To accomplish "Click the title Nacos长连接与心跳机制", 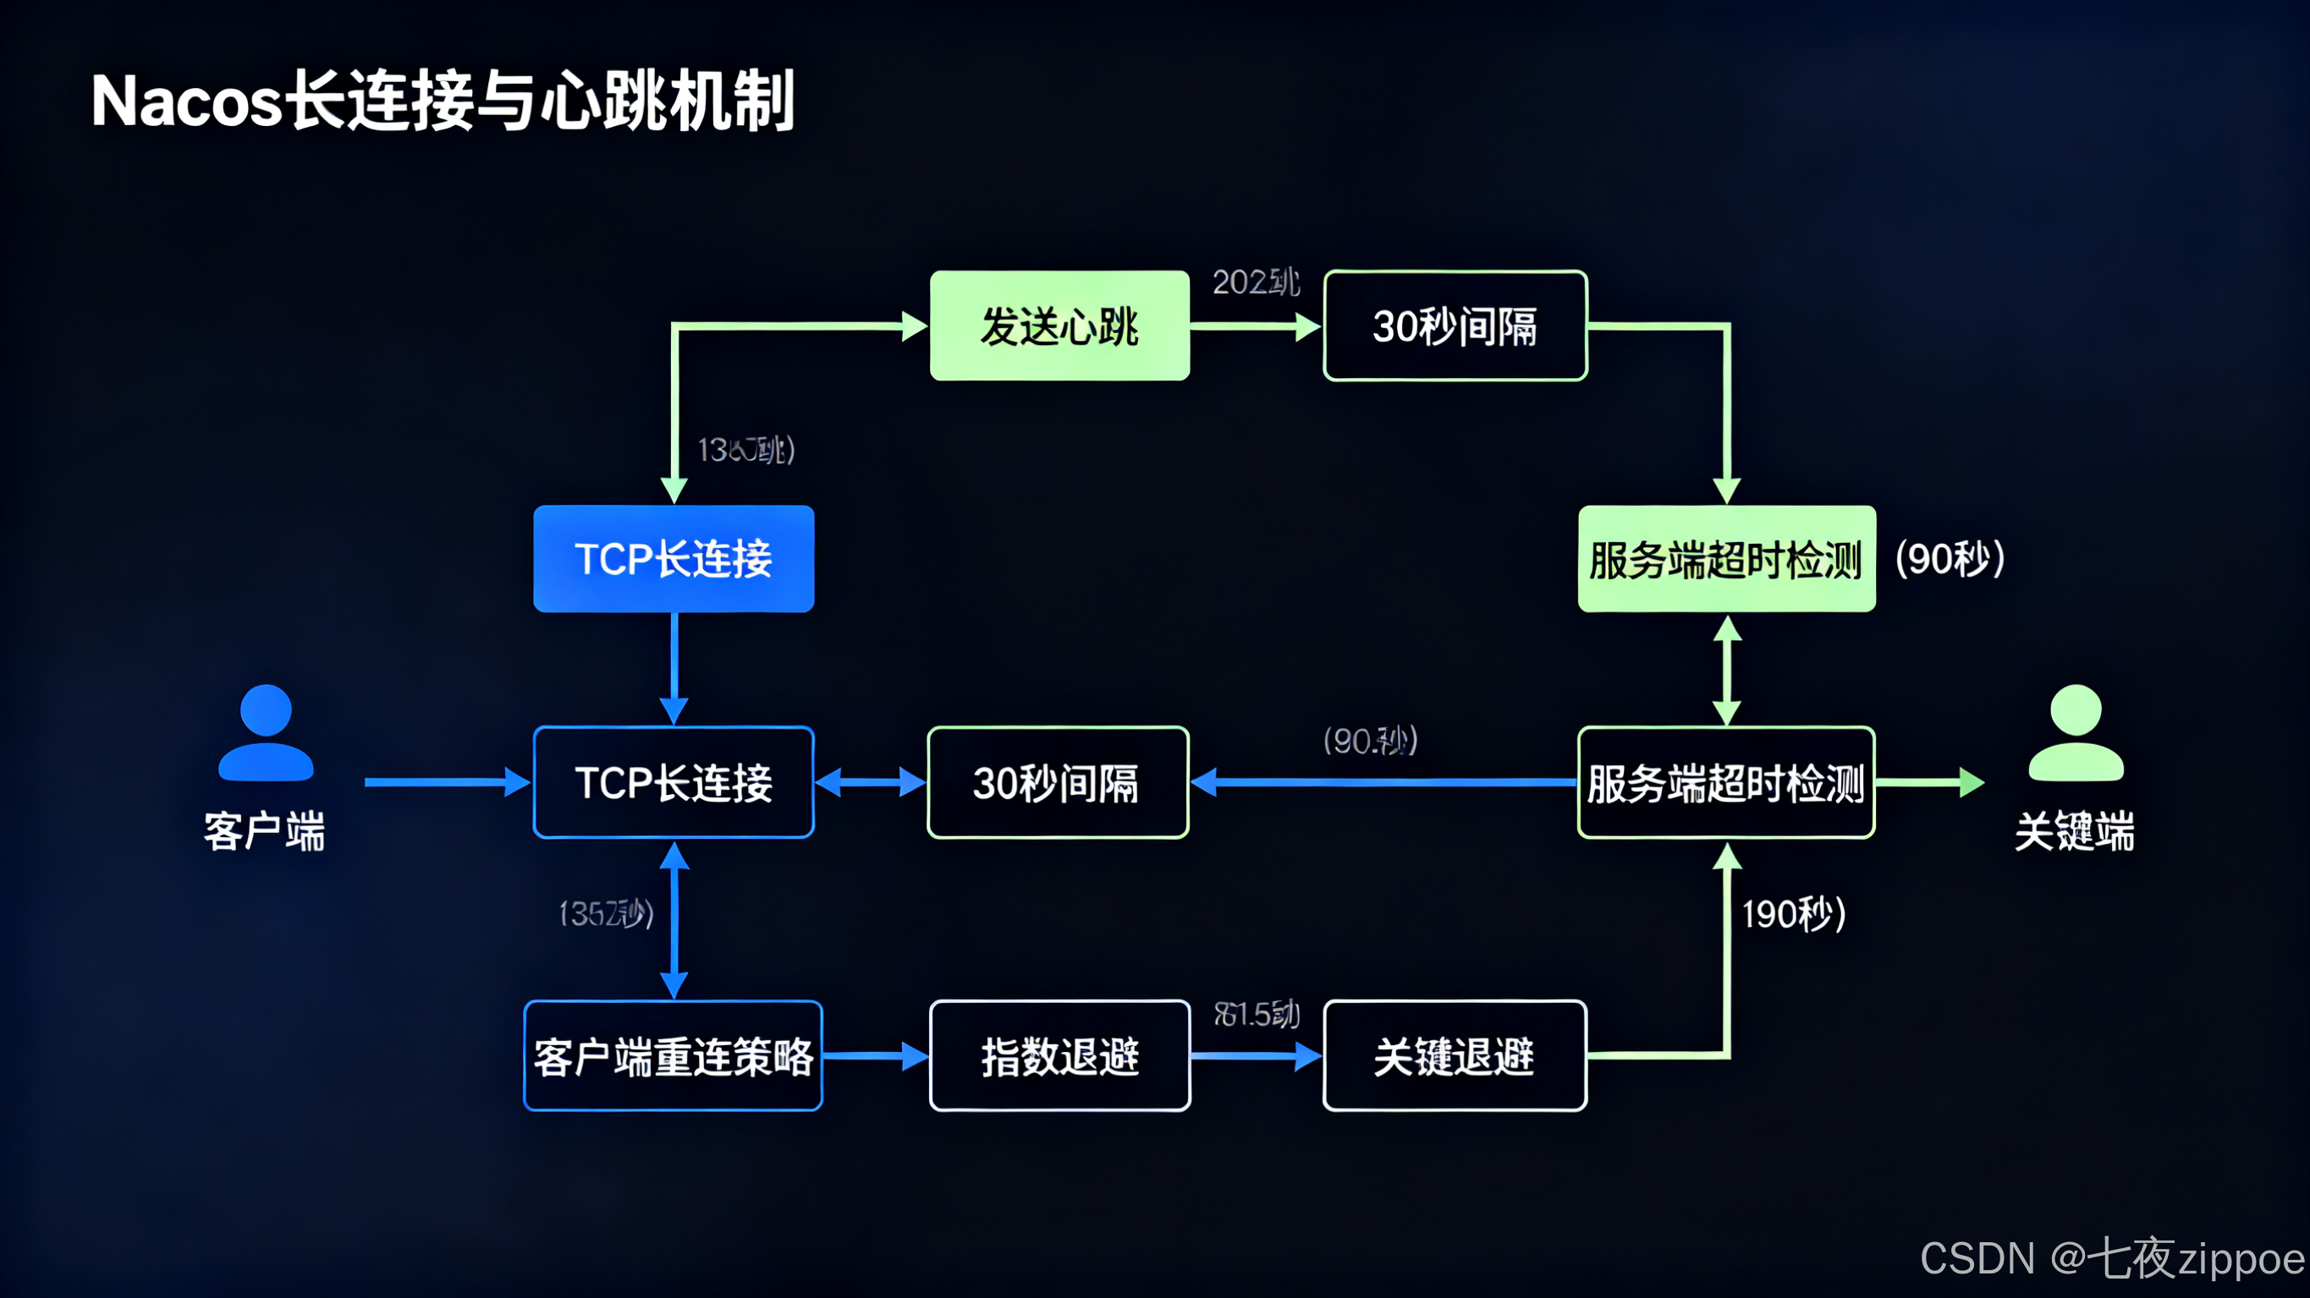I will point(442,101).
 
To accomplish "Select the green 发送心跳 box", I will point(1059,326).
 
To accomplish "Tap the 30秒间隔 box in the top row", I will point(1455,326).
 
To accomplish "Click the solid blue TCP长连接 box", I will point(674,558).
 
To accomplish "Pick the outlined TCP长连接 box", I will point(674,782).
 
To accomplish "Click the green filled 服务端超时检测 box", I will point(1725,558).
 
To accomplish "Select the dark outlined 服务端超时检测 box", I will point(1725,782).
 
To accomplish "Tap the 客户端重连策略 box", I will point(673,1056).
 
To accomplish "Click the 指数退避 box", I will point(1059,1056).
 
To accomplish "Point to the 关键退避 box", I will point(1455,1056).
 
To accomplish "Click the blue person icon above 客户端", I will point(266,733).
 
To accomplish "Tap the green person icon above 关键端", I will point(2075,733).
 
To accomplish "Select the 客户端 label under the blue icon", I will point(265,832).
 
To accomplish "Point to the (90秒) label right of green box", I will point(1950,558).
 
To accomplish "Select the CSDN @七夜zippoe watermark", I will point(2111,1258).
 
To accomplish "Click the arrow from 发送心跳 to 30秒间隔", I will point(1256,326).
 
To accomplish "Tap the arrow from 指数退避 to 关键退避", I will point(1256,1056).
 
